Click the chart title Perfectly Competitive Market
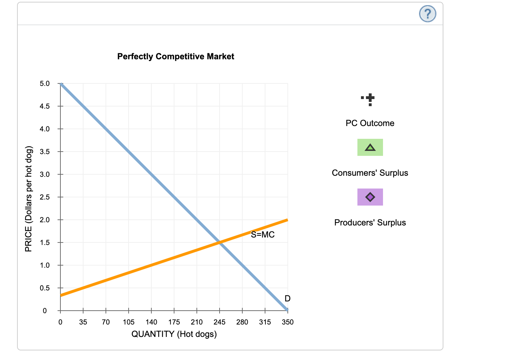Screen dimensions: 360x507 click(176, 56)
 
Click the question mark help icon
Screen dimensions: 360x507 click(427, 14)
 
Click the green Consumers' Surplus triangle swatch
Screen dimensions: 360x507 click(370, 147)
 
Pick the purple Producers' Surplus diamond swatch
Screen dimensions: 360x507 click(370, 197)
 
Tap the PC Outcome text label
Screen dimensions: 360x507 click(370, 123)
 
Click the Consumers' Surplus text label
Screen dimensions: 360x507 click(370, 173)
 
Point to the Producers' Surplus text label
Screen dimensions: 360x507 click(370, 223)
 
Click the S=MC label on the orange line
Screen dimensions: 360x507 click(263, 235)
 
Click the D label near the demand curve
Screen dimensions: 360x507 click(287, 299)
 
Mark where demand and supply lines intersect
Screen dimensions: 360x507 click(220, 242)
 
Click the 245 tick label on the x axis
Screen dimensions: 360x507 click(220, 322)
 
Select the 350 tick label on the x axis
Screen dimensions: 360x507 click(288, 322)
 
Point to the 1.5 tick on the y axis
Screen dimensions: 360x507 click(45, 242)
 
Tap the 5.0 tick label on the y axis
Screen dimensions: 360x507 click(45, 84)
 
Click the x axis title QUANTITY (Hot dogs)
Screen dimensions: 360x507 click(174, 334)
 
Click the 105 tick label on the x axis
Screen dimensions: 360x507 click(129, 322)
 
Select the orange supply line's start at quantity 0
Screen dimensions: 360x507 click(61, 295)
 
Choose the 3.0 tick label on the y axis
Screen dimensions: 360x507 click(45, 174)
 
